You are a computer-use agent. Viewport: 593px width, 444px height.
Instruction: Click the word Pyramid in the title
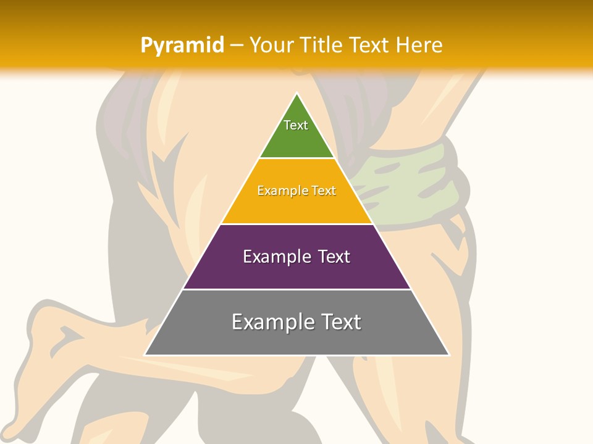tap(182, 46)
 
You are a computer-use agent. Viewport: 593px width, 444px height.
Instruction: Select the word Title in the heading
tap(322, 45)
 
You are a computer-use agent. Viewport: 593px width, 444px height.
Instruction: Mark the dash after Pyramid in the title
tap(236, 46)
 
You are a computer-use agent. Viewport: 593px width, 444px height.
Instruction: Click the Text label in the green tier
tap(296, 125)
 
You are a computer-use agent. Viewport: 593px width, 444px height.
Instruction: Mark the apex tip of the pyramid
tap(297, 94)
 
